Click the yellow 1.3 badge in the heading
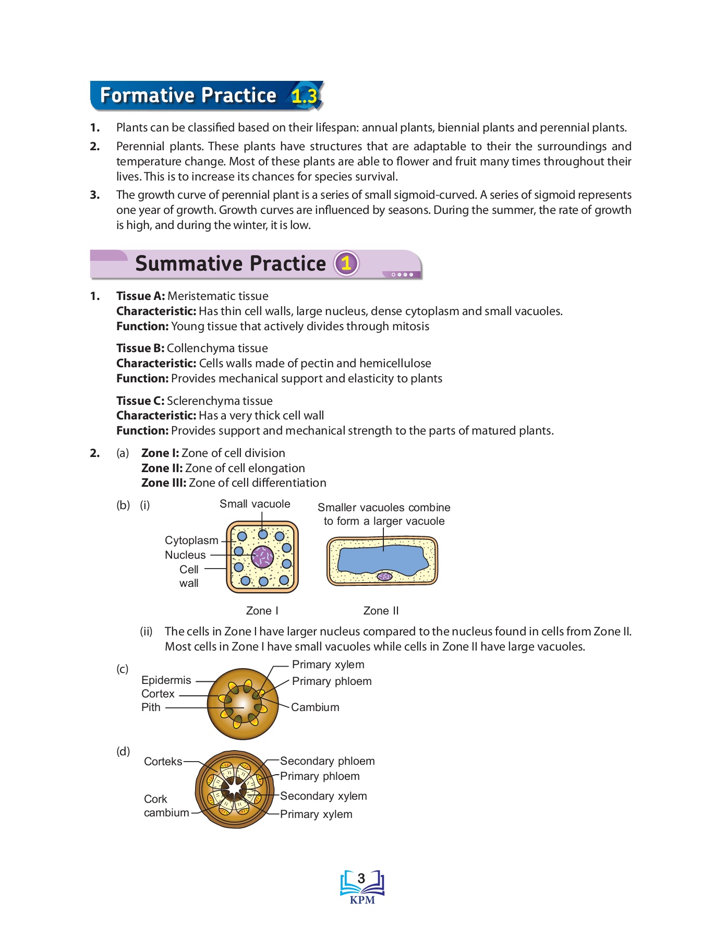(x=304, y=96)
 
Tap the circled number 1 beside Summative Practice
(x=346, y=263)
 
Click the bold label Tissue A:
(x=140, y=296)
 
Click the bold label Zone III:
(x=163, y=483)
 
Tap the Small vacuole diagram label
(x=255, y=504)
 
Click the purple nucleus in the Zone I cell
(x=262, y=557)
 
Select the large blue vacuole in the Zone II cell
(x=383, y=559)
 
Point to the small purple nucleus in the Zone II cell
(x=385, y=576)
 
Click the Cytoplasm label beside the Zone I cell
(x=191, y=540)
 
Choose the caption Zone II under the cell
(x=381, y=611)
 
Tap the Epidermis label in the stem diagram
(x=166, y=680)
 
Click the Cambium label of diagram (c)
(x=315, y=707)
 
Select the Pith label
(x=151, y=707)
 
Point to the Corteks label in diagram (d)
(x=163, y=762)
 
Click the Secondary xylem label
(x=323, y=796)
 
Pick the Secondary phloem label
(x=327, y=761)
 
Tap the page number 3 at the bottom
(x=361, y=878)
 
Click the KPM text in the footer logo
(x=362, y=900)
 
